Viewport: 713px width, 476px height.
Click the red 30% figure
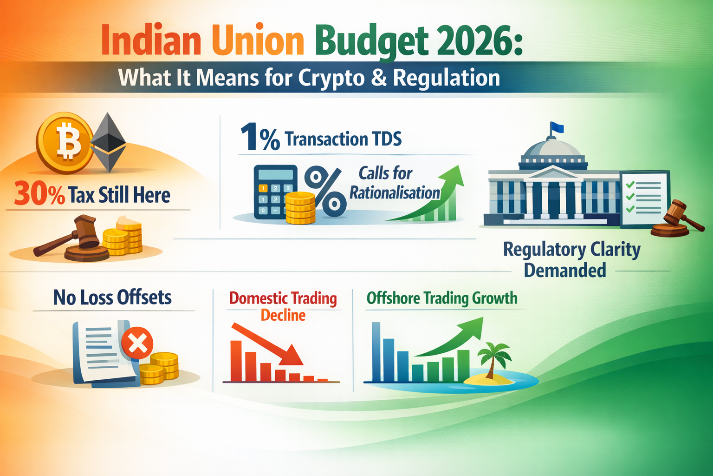tap(39, 195)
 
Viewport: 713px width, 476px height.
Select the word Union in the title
tap(258, 41)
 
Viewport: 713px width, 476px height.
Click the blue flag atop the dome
tap(557, 127)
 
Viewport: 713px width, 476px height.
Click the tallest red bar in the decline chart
tap(236, 361)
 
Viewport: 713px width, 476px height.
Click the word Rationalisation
tap(395, 192)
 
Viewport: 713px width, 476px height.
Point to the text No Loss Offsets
tap(112, 297)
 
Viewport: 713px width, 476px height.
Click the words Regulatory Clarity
tap(571, 250)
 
